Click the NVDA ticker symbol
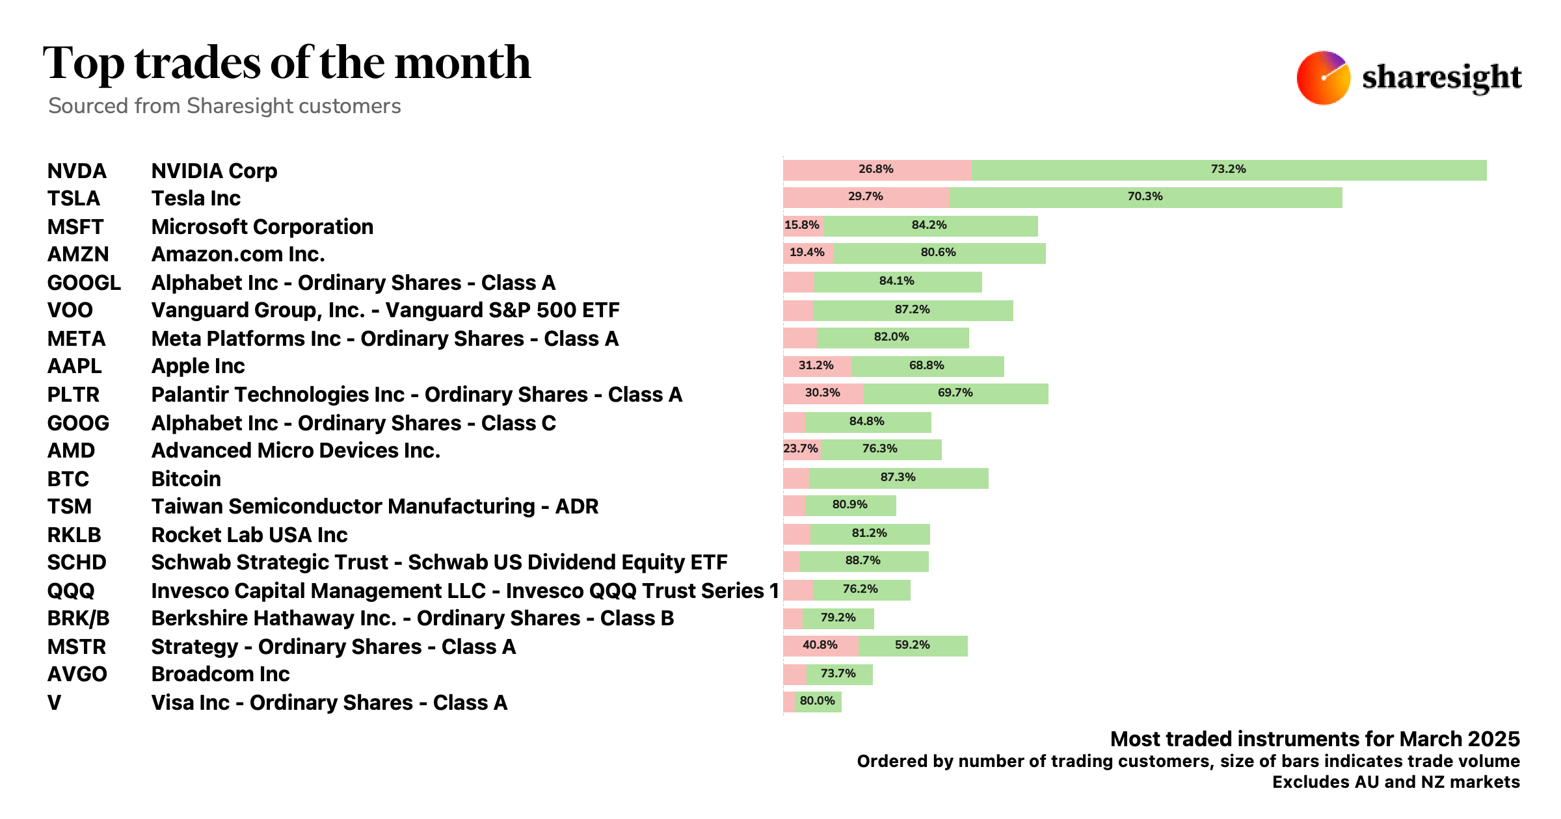coord(77,171)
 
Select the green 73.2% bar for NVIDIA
coord(1228,170)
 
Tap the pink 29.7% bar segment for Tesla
coord(866,197)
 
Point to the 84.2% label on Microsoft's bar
coord(929,226)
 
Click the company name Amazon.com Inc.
coord(238,254)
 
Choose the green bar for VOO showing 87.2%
coord(913,310)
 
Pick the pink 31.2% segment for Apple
coord(816,366)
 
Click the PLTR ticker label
coord(73,395)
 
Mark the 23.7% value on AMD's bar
coord(801,449)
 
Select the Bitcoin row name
coord(186,479)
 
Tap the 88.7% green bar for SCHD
coord(863,561)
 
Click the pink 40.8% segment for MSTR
coord(820,645)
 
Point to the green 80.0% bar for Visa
coord(818,701)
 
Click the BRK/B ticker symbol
coord(79,618)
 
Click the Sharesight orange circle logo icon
coord(1323,78)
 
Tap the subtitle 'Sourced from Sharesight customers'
coord(224,106)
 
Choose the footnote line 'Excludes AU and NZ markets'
coord(1396,782)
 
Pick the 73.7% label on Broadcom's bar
coord(838,674)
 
